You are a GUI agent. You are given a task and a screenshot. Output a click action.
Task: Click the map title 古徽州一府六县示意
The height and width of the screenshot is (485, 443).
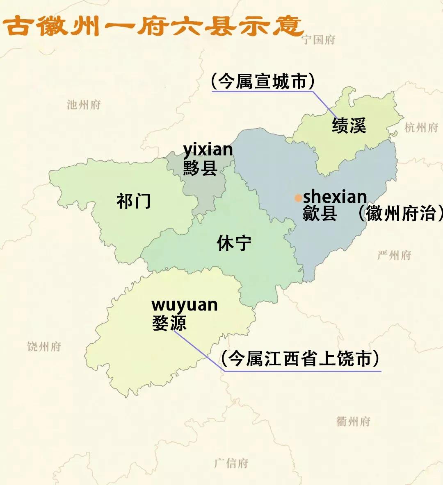[153, 25]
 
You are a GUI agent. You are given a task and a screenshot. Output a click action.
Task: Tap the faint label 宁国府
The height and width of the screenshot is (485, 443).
[318, 40]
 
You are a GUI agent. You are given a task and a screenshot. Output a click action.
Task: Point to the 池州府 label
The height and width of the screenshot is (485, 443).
[84, 105]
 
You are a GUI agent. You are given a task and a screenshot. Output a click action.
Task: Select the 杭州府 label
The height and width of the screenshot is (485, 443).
[421, 128]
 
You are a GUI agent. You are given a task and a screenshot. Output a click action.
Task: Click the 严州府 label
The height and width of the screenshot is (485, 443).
[394, 256]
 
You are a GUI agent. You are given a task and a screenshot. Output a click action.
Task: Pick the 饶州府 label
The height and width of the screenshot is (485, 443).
[44, 347]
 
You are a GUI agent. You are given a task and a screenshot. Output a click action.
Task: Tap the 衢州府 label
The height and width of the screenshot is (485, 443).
[353, 421]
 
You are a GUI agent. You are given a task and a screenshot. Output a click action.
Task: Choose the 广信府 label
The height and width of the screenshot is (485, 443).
[231, 463]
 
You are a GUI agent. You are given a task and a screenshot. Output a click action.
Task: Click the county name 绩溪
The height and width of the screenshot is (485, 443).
[349, 125]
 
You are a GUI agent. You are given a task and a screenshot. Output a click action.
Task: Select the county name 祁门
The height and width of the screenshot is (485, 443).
[134, 201]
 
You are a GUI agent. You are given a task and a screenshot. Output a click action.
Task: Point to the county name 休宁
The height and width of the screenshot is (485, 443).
[234, 243]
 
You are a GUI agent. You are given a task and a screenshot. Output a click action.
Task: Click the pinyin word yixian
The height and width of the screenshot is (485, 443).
[208, 150]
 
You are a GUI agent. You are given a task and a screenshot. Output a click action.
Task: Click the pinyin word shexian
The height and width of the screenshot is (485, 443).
[335, 197]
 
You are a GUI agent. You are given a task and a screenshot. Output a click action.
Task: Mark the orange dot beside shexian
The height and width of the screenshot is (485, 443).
[298, 198]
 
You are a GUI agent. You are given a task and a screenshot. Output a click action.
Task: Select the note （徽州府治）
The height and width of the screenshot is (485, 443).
[400, 213]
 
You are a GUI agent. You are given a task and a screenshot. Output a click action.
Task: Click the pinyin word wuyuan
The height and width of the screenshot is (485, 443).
[185, 305]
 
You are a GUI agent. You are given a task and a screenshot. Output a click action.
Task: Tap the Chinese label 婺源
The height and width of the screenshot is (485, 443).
[169, 323]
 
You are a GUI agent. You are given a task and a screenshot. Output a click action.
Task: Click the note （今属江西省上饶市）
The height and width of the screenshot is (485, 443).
[300, 359]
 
